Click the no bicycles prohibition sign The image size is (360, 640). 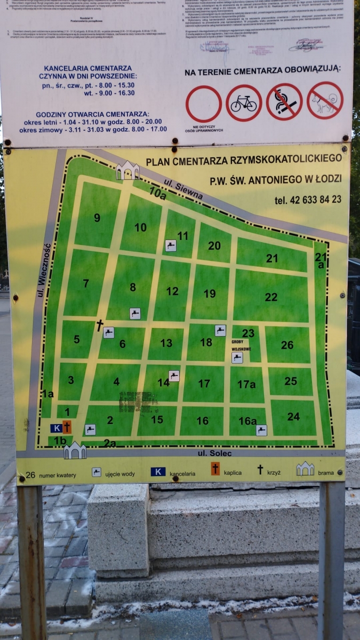click(x=244, y=103)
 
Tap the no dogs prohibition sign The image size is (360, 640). click(x=325, y=100)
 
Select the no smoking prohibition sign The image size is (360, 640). click(x=284, y=102)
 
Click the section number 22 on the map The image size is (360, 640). click(x=271, y=297)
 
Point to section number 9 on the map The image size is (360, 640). click(x=97, y=218)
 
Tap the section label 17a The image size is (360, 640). click(x=247, y=384)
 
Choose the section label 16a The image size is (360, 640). click(x=247, y=421)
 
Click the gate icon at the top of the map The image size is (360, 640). click(x=127, y=171)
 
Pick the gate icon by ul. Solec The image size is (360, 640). click(x=75, y=451)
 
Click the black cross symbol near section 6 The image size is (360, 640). click(x=99, y=325)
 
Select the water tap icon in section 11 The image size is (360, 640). click(x=171, y=246)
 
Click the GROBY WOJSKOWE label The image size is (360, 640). click(x=241, y=345)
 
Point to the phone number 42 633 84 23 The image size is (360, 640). click(x=308, y=199)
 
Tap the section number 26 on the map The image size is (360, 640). click(x=287, y=345)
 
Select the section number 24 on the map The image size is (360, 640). click(x=293, y=417)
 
